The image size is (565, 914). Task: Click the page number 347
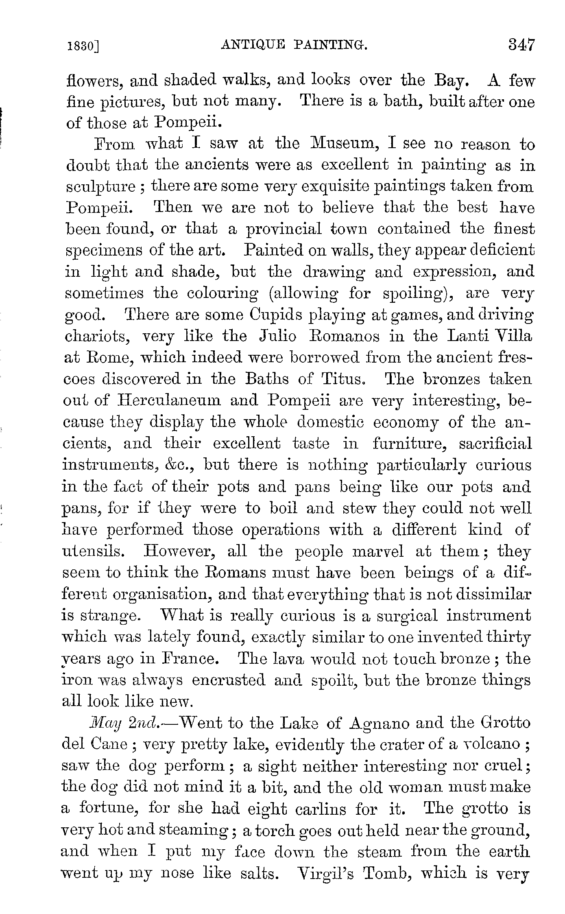520,44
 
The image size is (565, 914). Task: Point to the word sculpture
101,187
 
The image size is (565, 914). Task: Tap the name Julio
277,337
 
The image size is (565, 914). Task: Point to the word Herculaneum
169,401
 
